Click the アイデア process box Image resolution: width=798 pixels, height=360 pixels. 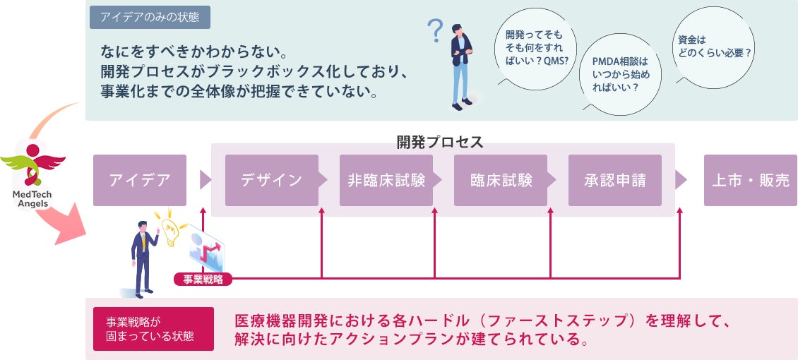pos(140,180)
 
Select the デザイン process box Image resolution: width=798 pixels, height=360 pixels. pos(271,180)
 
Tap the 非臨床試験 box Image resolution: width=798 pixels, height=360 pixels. pos(386,180)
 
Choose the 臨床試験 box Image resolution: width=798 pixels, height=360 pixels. pos(500,180)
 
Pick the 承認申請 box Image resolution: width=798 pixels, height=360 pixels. pos(614,180)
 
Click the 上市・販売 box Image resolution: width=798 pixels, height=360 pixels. pos(750,180)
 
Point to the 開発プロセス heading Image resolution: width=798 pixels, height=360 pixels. pos(439,142)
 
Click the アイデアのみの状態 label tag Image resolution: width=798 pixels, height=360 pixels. pos(150,17)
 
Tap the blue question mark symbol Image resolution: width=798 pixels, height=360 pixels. pos(436,31)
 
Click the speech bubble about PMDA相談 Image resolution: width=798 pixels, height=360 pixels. pos(619,74)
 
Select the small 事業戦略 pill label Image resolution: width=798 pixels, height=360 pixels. pos(203,279)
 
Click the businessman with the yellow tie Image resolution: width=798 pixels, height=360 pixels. pos(143,258)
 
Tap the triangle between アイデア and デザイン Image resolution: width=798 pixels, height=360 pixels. pos(206,180)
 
